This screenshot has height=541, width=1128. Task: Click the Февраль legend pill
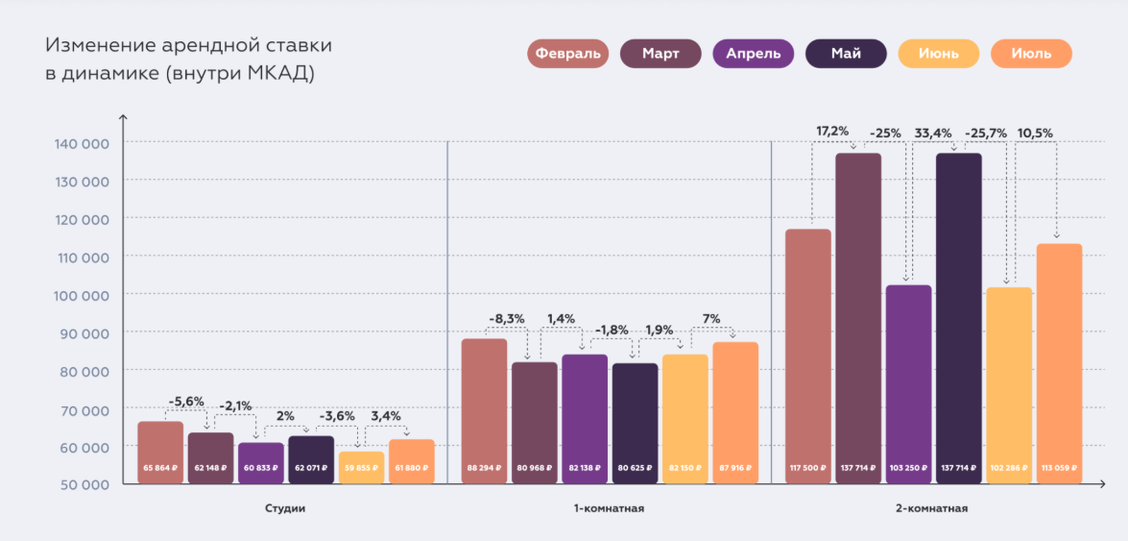pyautogui.click(x=568, y=54)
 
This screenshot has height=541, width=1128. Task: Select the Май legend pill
pyautogui.click(x=847, y=54)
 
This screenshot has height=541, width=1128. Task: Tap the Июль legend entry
pyautogui.click(x=1031, y=54)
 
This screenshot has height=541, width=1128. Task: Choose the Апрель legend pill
pyautogui.click(x=754, y=54)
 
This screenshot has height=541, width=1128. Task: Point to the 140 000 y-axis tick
pyautogui.click(x=82, y=143)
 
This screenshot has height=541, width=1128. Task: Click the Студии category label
pyautogui.click(x=284, y=508)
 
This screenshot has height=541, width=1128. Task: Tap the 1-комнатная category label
pyautogui.click(x=609, y=508)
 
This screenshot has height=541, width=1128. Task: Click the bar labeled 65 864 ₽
pyautogui.click(x=160, y=452)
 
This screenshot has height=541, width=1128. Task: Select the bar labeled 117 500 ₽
pyautogui.click(x=807, y=356)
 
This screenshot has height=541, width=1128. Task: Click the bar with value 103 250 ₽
pyautogui.click(x=908, y=384)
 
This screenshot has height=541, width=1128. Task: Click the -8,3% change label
pyautogui.click(x=506, y=318)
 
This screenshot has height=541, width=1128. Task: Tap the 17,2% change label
pyautogui.click(x=832, y=130)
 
